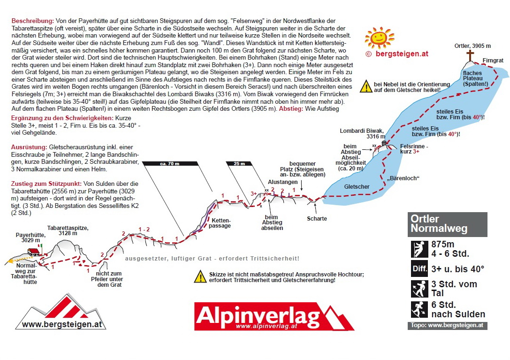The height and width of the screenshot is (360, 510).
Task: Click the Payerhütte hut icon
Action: click(33, 253)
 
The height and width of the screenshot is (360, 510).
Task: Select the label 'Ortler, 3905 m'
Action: click(472, 46)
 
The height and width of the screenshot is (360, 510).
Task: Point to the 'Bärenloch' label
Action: click(403, 178)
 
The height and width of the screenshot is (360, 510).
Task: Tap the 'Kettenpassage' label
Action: click(221, 223)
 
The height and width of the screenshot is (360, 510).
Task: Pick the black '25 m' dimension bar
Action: click(239, 163)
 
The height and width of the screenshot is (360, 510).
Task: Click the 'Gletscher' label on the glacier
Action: click(357, 187)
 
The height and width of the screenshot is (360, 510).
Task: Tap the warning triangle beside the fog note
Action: click(366, 86)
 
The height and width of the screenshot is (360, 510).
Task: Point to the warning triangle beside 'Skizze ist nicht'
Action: click(201, 276)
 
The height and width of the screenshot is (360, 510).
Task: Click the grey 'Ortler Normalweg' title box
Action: click(447, 224)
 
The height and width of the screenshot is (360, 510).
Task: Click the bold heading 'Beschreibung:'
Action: click(32, 21)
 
